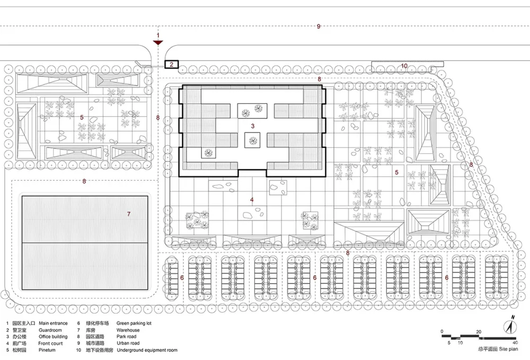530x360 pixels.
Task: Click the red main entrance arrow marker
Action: pos(158,42)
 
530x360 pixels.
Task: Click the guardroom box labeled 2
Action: pos(172,64)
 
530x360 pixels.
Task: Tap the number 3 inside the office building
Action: pos(252,126)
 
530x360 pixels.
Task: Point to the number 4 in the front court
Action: pos(252,200)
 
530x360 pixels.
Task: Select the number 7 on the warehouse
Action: pos(129,214)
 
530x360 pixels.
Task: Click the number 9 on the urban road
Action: pos(319,27)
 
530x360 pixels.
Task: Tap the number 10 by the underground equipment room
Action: pos(404,66)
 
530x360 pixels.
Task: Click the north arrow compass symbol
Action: pos(510,326)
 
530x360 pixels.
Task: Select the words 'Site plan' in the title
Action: pos(508,349)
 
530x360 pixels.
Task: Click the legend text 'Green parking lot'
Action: pos(134,323)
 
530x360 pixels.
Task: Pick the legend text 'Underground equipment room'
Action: pos(147,350)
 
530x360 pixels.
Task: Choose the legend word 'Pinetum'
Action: pos(47,350)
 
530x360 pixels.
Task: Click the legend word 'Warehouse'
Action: pos(128,330)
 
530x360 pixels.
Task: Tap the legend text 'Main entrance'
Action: pos(53,323)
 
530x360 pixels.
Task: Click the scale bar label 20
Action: pos(479,331)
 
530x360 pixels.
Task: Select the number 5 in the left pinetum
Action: pos(82,117)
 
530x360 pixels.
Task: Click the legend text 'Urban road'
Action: pos(128,343)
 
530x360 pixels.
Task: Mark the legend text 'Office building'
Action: pos(53,337)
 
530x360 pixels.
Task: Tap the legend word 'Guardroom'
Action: pos(50,330)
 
